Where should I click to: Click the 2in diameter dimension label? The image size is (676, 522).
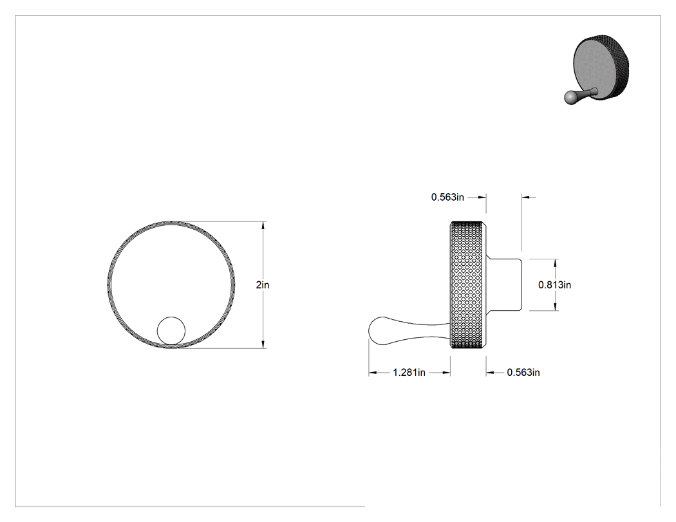click(x=262, y=285)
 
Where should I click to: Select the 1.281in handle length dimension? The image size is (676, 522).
click(x=409, y=373)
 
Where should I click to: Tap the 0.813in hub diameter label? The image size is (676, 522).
click(x=554, y=285)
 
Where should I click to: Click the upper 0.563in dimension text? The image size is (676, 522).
click(x=447, y=197)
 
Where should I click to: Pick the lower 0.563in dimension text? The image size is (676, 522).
click(x=523, y=373)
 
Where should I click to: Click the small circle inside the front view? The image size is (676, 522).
click(x=171, y=331)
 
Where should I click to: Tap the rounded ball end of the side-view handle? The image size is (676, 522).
click(x=378, y=331)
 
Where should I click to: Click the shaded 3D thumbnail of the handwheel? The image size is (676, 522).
click(x=597, y=69)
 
